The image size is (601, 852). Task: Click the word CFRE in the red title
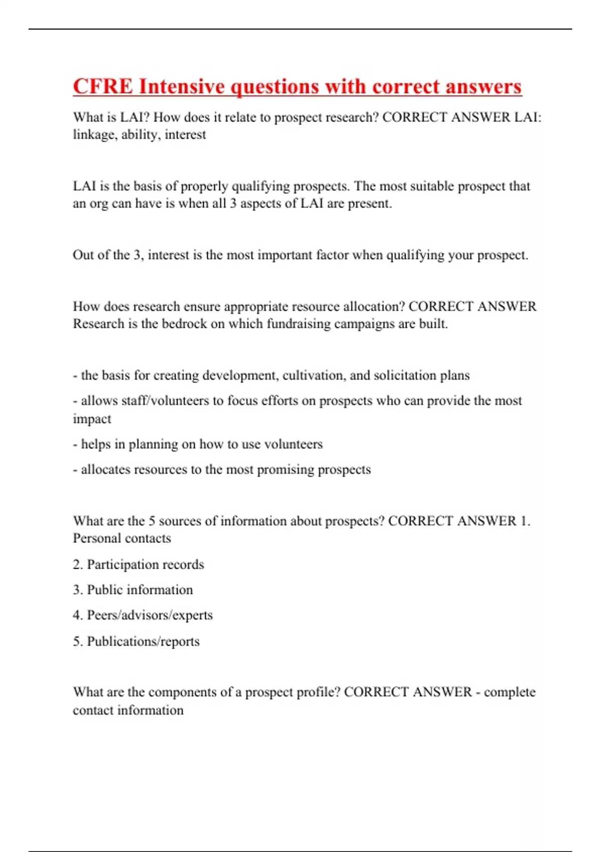click(x=103, y=86)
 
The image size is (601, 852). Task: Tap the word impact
click(x=92, y=419)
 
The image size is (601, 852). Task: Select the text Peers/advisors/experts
click(x=150, y=615)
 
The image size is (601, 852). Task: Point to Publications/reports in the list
click(x=143, y=642)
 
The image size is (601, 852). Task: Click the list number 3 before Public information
click(x=77, y=590)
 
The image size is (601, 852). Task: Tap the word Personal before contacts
click(x=94, y=538)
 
